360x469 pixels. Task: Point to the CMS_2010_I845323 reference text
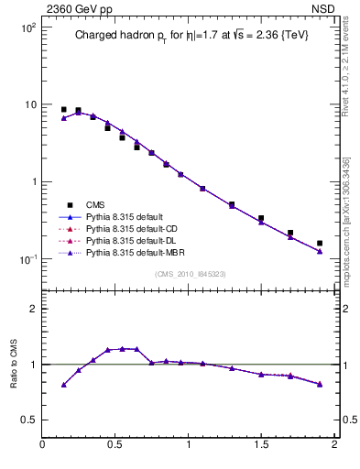188,273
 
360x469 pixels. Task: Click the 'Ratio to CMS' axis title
14,364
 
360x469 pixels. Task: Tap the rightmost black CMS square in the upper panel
320,244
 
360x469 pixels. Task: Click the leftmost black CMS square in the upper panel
63,109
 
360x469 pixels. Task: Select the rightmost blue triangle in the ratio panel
320,384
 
